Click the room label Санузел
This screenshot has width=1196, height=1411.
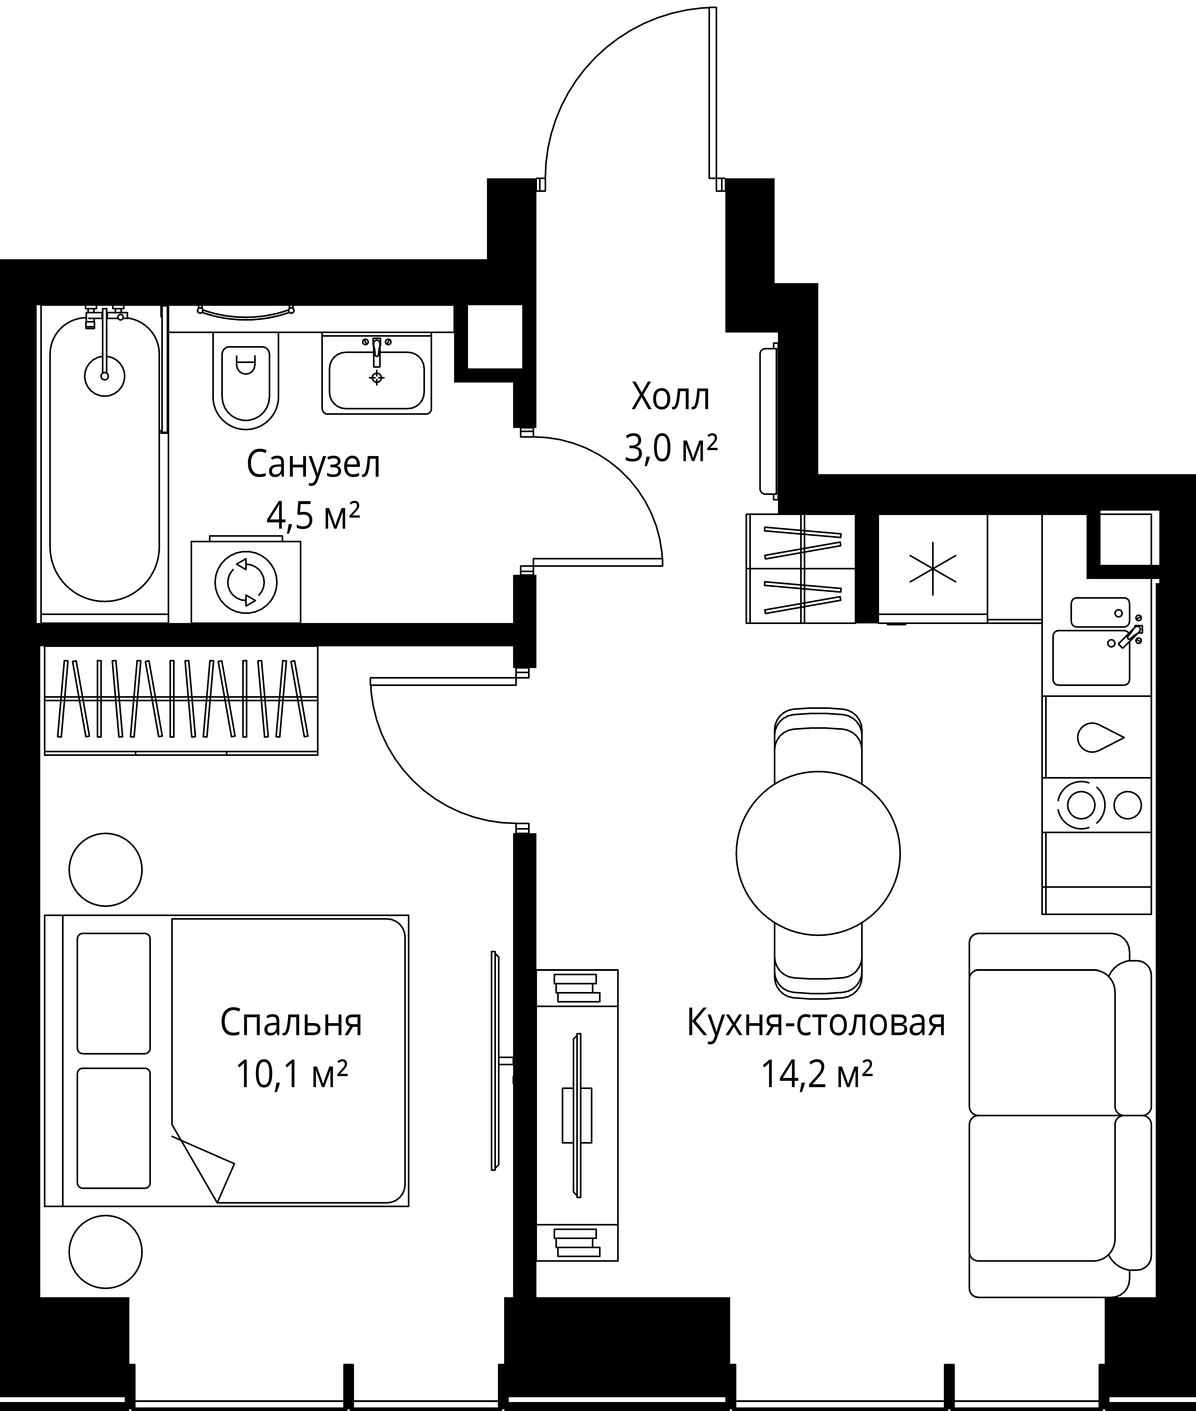click(313, 465)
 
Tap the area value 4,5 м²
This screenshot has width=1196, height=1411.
click(313, 517)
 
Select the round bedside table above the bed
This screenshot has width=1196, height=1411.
click(106, 869)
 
